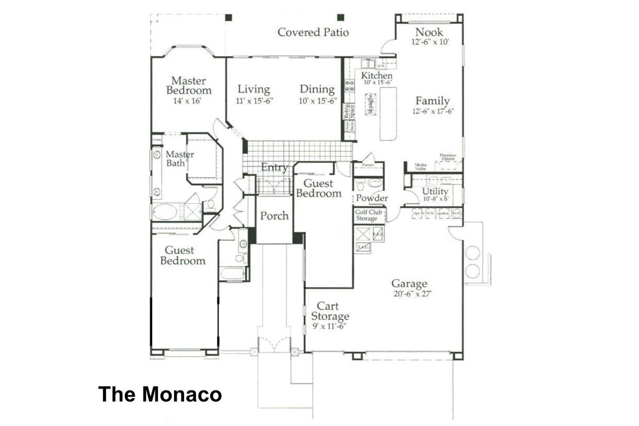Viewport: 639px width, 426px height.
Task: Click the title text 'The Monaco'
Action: click(160, 394)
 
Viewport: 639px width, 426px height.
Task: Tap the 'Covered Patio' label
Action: click(313, 32)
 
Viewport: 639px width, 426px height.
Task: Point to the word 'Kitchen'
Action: click(378, 75)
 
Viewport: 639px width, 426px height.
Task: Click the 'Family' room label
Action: click(432, 101)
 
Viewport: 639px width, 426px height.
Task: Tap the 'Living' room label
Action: click(253, 89)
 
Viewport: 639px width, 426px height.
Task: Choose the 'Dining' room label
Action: click(317, 89)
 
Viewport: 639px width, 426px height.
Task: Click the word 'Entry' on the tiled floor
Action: click(274, 167)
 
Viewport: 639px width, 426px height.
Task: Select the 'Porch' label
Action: click(274, 216)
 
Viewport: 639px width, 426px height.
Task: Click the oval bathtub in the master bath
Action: click(165, 211)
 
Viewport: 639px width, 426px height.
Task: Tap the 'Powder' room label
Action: click(372, 198)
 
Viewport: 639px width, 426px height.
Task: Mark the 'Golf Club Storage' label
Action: click(368, 215)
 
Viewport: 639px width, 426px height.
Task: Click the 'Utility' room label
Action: click(435, 191)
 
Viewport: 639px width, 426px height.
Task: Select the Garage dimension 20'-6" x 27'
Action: click(409, 293)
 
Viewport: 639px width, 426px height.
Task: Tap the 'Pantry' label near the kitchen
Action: click(368, 165)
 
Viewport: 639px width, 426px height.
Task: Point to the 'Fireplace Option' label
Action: click(447, 157)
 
